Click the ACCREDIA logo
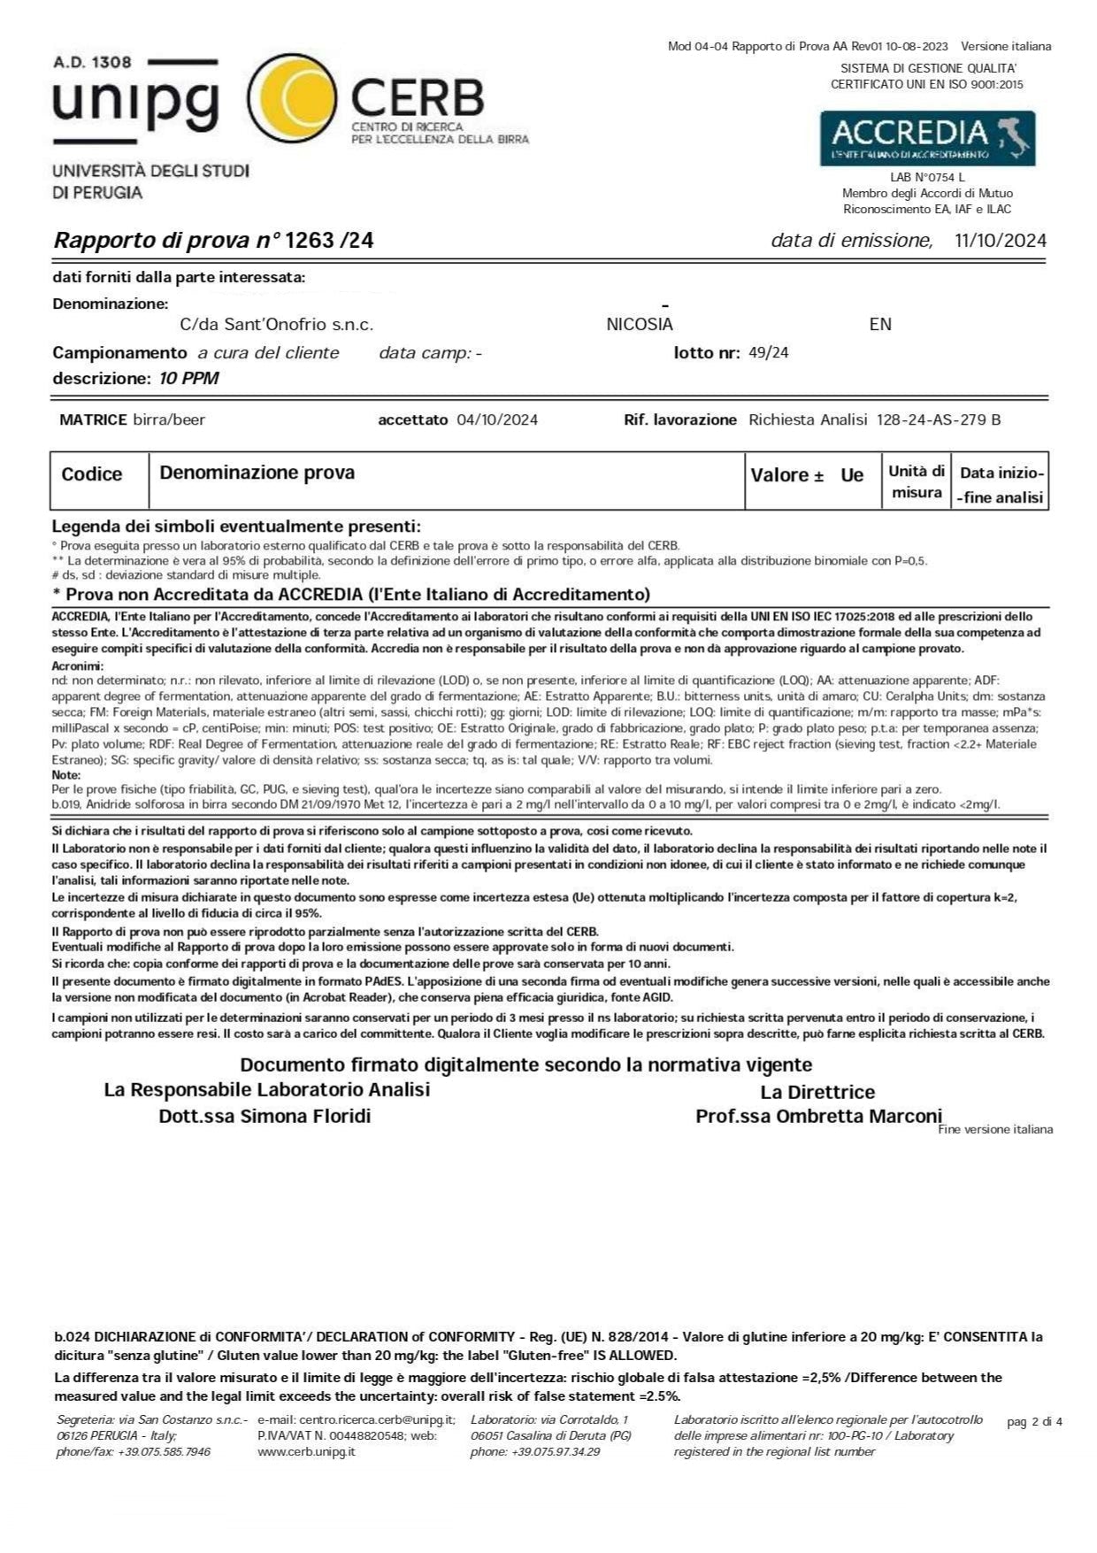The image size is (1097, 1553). point(927,138)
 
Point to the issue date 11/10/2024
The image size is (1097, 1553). point(1001,241)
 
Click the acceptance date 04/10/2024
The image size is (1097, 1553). point(497,419)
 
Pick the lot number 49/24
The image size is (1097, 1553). point(768,353)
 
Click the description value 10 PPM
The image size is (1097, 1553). point(188,379)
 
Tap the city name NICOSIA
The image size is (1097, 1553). point(640,325)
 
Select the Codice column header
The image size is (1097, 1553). point(92,474)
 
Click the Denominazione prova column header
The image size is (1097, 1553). point(257,473)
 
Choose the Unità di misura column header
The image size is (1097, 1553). point(917,482)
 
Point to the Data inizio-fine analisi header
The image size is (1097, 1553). point(1001,485)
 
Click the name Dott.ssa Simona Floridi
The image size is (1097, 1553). point(265,1116)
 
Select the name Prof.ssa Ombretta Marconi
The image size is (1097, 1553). point(818,1116)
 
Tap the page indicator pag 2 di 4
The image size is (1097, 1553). point(1034,1422)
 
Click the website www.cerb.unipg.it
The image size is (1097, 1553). point(306,1452)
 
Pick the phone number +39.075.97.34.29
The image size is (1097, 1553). point(548,1452)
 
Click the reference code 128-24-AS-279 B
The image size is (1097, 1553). point(939,419)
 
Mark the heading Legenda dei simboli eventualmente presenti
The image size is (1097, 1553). point(236,527)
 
